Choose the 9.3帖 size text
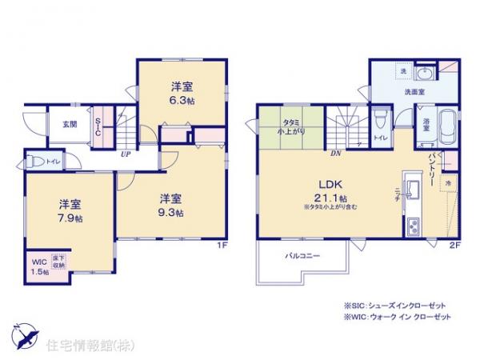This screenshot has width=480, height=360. [170, 213]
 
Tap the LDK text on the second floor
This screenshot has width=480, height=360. [330, 183]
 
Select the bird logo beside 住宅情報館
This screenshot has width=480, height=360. [22, 335]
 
